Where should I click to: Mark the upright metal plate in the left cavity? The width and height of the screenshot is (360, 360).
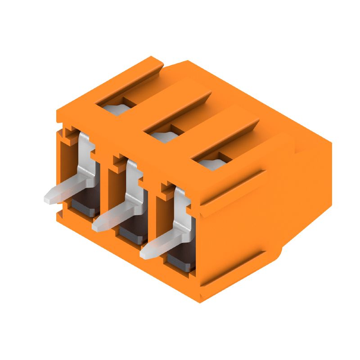(x=85, y=157)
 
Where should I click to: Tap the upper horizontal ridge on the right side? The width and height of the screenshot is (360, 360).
(x=234, y=189)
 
